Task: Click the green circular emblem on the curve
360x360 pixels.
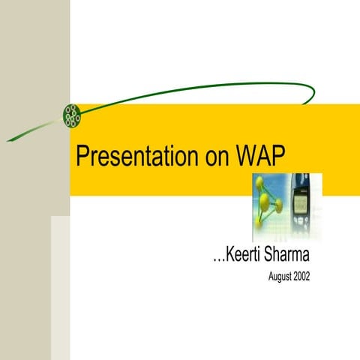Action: [x=72, y=113]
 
